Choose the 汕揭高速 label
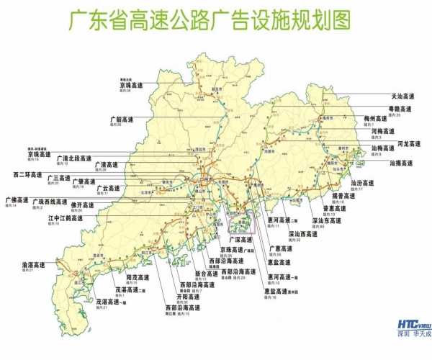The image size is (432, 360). (402, 163)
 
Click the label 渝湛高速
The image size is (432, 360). (35, 265)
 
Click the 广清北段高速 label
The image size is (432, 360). (76, 158)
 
